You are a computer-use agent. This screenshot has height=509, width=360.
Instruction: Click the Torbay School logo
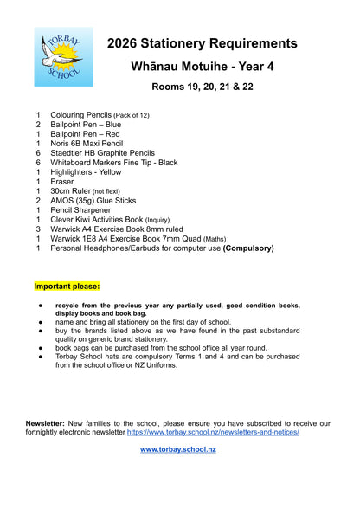63,57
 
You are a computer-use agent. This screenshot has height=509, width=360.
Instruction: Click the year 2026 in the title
126,43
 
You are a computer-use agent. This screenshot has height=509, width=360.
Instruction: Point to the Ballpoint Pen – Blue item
86,124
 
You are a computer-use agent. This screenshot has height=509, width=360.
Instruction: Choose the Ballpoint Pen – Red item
85,133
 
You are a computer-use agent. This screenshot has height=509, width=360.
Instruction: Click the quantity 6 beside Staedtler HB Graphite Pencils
38,152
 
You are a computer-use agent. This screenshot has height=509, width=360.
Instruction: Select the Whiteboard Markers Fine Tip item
113,162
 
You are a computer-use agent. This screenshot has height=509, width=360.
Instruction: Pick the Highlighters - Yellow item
86,171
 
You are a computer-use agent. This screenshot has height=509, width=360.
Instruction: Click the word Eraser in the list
62,182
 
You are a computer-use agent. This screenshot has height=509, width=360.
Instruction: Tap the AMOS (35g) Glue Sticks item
93,201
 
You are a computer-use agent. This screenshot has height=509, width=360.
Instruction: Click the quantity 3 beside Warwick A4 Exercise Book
38,229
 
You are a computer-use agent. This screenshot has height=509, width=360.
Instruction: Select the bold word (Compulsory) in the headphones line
248,248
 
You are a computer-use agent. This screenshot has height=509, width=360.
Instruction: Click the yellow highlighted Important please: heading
67,286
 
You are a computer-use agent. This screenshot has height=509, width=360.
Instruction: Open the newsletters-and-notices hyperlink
213,432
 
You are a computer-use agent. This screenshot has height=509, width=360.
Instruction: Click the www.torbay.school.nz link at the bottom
179,450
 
